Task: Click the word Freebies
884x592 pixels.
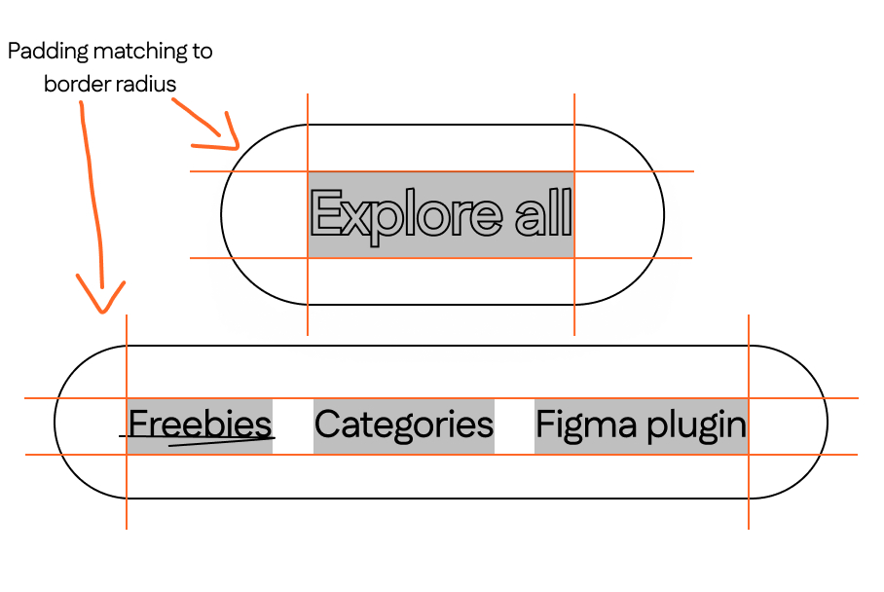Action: point(200,425)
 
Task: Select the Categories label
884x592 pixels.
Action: point(403,425)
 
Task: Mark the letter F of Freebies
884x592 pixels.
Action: point(137,425)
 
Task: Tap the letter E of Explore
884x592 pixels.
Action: point(322,213)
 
